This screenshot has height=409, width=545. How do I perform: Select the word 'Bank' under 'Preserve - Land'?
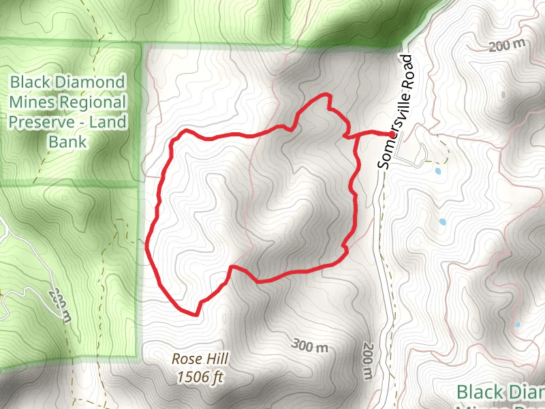68,142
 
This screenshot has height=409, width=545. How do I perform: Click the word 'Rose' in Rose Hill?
185,359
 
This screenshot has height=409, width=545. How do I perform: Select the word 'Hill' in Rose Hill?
217,359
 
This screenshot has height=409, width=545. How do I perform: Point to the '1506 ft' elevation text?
200,376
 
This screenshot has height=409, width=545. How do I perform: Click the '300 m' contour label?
309,346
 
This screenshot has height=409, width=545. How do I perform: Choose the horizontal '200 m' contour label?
508,46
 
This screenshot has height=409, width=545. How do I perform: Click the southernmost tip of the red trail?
196,315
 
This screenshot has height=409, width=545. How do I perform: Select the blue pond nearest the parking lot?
437,170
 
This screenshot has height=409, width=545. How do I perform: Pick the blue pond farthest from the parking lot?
517,325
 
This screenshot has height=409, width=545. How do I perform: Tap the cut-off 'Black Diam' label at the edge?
500,393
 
